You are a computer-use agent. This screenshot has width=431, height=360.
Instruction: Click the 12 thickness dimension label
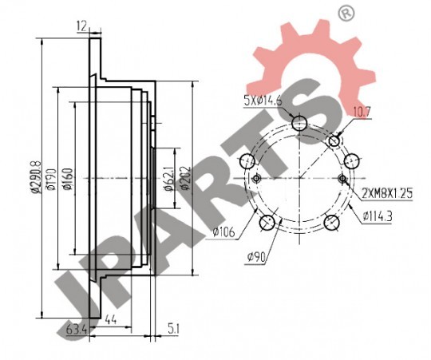point(81,26)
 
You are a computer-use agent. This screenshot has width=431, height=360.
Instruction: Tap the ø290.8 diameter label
point(36,177)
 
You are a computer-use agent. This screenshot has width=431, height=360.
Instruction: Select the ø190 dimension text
point(50,179)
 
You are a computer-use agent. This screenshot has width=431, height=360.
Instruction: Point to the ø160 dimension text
point(68,179)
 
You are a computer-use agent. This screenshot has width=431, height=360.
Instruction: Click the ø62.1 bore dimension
point(168,179)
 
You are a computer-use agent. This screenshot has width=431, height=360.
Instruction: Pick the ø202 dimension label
point(185,178)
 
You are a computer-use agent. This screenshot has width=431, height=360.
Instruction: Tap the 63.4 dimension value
point(77,329)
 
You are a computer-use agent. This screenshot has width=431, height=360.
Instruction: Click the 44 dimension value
point(111,319)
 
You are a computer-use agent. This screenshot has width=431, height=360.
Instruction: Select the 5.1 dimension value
point(173,329)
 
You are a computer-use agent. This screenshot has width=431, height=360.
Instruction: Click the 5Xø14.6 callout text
point(263,101)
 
